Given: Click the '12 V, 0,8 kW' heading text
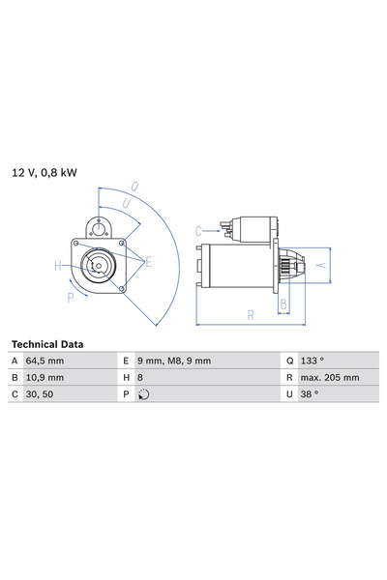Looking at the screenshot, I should (45, 173).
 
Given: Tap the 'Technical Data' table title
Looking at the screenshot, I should (47, 344).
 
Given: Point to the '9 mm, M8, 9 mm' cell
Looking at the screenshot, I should (173, 361).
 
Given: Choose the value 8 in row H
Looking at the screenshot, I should (139, 377).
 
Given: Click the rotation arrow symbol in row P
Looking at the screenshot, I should (144, 394).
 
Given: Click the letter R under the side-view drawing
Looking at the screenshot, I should (250, 314).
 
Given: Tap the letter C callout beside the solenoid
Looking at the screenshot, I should (198, 230).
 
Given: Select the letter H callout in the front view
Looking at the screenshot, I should (58, 265).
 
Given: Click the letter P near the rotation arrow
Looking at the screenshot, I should (70, 298).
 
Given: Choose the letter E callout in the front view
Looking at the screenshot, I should (148, 261).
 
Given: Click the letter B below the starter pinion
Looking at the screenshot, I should (283, 304).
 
